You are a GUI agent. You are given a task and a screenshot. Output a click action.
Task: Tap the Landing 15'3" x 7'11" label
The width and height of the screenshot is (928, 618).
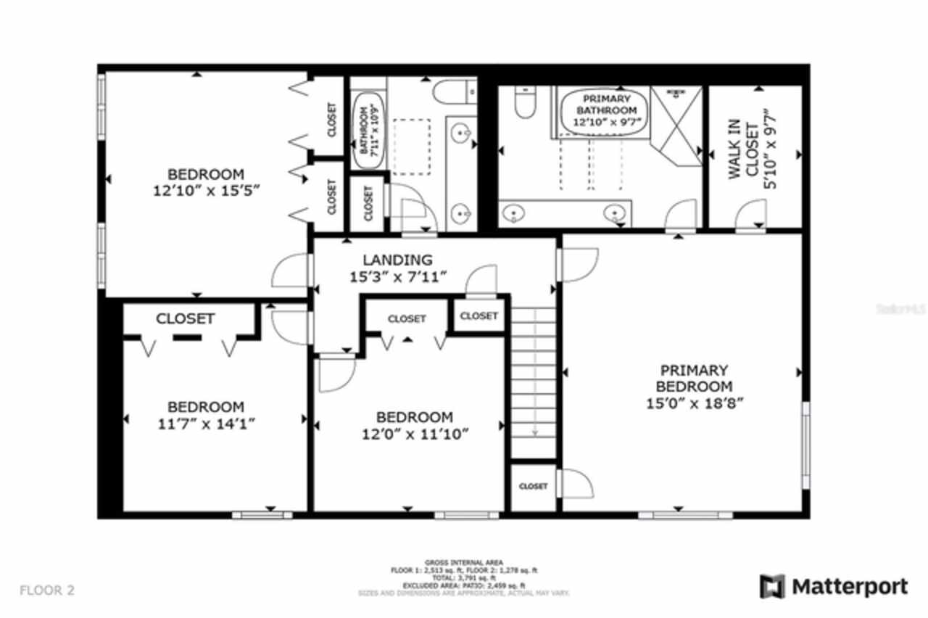pos(398,268)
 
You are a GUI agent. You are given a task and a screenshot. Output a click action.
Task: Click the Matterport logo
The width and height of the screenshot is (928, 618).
pos(834,586)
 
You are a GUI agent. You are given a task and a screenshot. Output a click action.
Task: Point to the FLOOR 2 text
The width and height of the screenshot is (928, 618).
pos(46,590)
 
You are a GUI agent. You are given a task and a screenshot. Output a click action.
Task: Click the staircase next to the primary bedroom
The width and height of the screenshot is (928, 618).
pos(534,381)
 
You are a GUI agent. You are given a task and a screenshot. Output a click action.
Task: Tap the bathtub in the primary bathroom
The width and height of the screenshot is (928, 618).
pos(603,111)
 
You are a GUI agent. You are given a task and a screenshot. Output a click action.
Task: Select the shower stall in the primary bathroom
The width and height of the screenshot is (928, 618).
pos(676,125)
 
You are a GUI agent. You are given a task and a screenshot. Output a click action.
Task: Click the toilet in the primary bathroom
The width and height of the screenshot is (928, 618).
pos(524,103)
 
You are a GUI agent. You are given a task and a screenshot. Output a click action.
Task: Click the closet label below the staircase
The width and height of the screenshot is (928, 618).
pos(534,486)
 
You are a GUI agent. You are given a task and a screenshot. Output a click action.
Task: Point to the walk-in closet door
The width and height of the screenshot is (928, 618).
pos(750,218)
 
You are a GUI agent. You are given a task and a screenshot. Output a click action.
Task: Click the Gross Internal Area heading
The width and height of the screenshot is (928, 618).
pos(464,562)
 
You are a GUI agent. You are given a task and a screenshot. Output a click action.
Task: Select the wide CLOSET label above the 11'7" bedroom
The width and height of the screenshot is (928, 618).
pos(186,318)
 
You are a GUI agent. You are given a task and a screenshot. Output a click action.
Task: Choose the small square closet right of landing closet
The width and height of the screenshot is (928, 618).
pos(479,316)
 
